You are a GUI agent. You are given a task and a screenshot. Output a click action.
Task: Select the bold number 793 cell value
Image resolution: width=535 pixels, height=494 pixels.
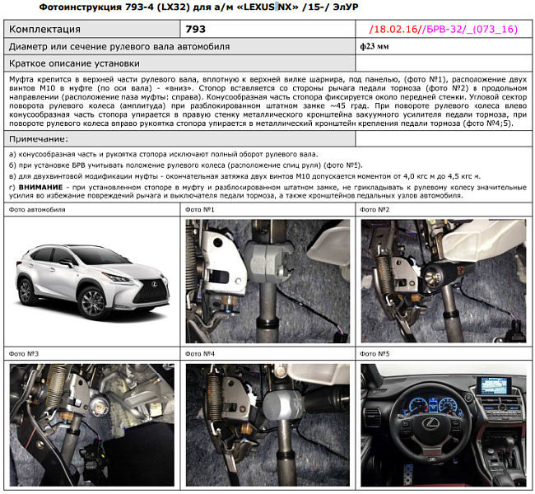click(196, 30)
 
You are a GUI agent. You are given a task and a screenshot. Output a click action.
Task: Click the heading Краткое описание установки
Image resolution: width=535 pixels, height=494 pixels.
click(74, 63)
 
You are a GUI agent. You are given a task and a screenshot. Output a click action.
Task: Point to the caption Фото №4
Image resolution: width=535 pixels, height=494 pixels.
click(202, 354)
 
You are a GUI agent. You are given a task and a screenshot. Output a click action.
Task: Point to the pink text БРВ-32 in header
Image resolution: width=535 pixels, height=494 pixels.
click(451, 30)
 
